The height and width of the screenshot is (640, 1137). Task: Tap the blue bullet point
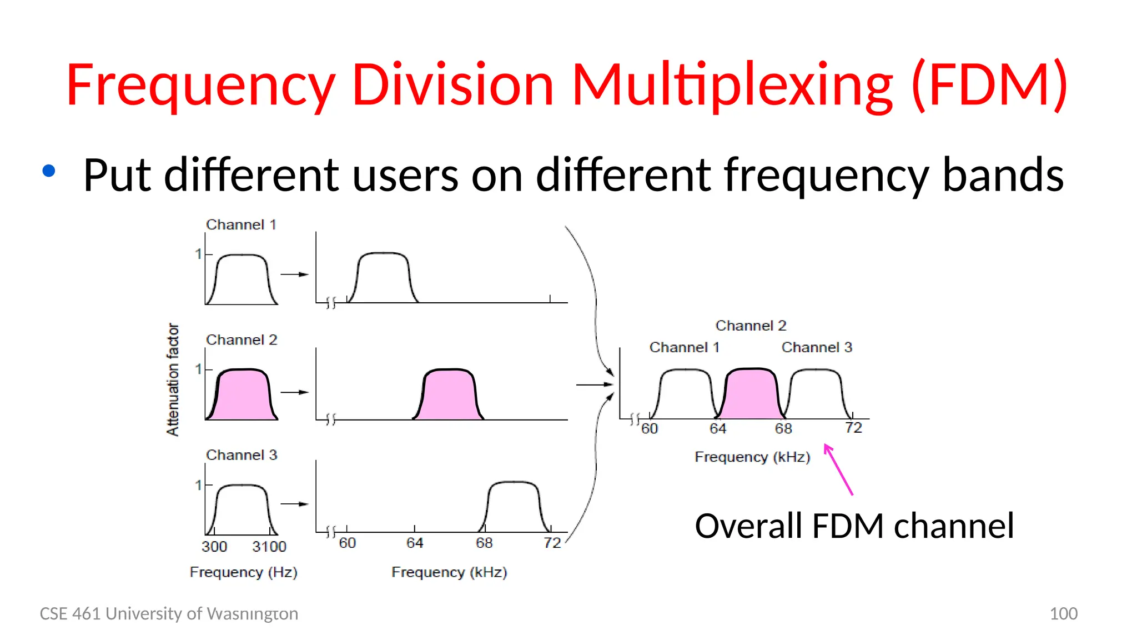click(49, 171)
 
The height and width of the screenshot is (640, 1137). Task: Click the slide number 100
click(1063, 614)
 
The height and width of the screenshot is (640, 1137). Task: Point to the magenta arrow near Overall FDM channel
click(838, 469)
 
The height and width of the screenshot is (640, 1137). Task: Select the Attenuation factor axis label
click(173, 379)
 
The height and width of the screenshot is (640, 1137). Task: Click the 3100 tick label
click(269, 547)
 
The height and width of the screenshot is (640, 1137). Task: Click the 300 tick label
click(214, 547)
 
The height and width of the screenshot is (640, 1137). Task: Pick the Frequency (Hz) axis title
click(243, 572)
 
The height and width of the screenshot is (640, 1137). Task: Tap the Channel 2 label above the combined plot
click(751, 326)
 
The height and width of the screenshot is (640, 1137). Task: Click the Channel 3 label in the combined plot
click(817, 348)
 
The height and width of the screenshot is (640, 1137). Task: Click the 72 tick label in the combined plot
click(853, 428)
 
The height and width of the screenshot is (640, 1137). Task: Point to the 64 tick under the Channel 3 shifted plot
click(415, 543)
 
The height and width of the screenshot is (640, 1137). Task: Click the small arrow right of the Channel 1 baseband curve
click(294, 274)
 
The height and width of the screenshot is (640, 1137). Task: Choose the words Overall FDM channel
click(854, 526)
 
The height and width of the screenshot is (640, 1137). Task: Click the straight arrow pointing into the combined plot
click(594, 384)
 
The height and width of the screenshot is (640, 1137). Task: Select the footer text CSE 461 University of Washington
click(169, 614)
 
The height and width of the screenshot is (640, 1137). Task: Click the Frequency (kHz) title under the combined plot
click(752, 457)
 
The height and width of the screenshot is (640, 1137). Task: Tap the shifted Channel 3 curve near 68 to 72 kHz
click(514, 506)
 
